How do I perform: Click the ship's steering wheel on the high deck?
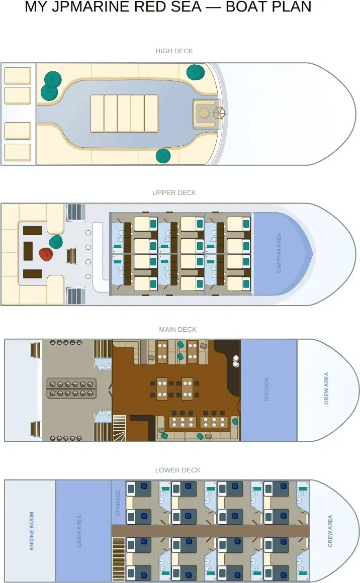219,113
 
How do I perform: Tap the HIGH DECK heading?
174,51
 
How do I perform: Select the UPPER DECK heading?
174,192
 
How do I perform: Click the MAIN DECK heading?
178,329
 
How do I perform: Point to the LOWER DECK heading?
178,470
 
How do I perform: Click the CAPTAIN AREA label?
279,253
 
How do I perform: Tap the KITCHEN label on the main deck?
266,390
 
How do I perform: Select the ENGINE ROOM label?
32,531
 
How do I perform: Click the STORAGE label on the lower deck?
118,503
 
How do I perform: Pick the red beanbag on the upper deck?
46,254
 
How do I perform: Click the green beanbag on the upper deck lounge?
56,242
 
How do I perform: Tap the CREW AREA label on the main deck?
326,388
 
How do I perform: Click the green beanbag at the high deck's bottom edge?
163,156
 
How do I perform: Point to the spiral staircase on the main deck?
120,428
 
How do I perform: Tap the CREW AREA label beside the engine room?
79,531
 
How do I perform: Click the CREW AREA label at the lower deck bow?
330,531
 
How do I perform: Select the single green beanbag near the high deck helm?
195,72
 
